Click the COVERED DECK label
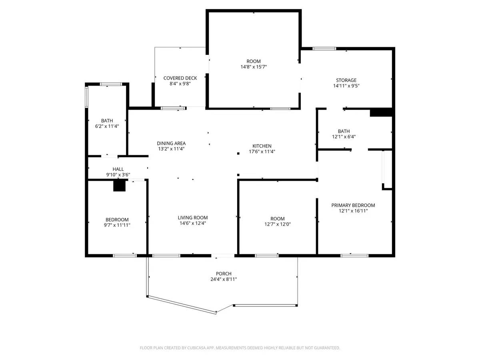(x=180, y=78)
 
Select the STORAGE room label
(x=346, y=80)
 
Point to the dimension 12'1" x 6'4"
(x=344, y=136)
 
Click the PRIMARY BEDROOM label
(x=353, y=205)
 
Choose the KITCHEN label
(x=262, y=146)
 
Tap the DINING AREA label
(x=171, y=143)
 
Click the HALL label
(x=118, y=169)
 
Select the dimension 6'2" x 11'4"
(x=107, y=126)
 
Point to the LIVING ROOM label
(x=193, y=218)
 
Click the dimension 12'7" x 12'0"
(x=277, y=224)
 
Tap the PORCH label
(x=224, y=274)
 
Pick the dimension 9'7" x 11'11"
(x=117, y=225)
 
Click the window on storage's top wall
(x=324, y=49)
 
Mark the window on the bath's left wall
(x=86, y=97)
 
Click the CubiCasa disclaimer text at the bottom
(x=240, y=348)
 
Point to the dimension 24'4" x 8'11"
(x=224, y=279)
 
